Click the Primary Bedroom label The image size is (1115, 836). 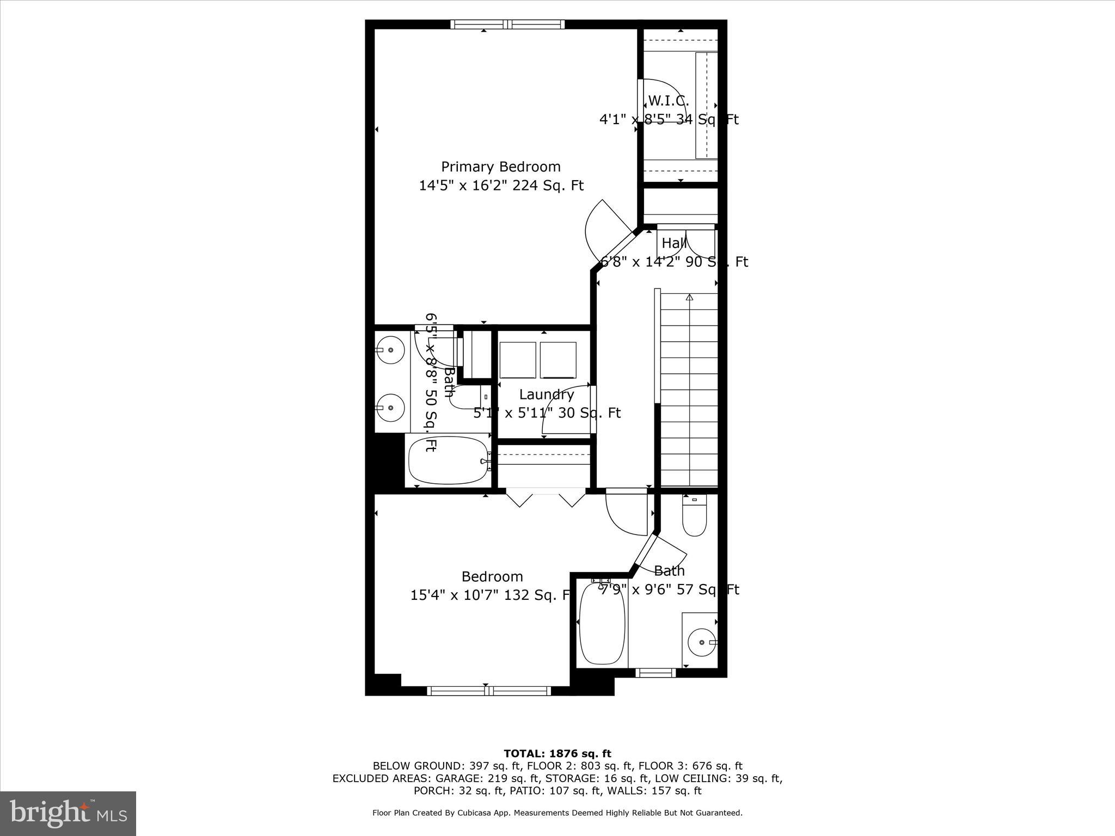click(x=500, y=167)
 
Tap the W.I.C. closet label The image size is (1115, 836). click(x=669, y=101)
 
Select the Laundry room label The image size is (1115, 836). click(x=546, y=395)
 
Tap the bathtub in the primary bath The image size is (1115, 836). click(x=449, y=460)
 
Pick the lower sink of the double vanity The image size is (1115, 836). click(x=390, y=407)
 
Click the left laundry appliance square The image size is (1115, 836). click(x=518, y=360)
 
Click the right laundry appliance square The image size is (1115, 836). click(x=558, y=360)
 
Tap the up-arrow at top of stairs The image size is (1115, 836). click(x=689, y=297)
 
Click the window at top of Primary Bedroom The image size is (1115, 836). click(x=507, y=24)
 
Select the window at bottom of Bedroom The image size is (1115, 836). click(x=489, y=691)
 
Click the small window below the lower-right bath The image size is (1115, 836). click(x=655, y=673)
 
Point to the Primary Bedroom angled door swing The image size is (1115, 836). click(x=604, y=229)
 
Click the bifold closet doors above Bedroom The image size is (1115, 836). click(x=546, y=497)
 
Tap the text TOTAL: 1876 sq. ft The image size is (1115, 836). click(x=557, y=754)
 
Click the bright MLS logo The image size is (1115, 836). click(x=68, y=813)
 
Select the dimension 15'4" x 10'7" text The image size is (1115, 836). click(x=490, y=595)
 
